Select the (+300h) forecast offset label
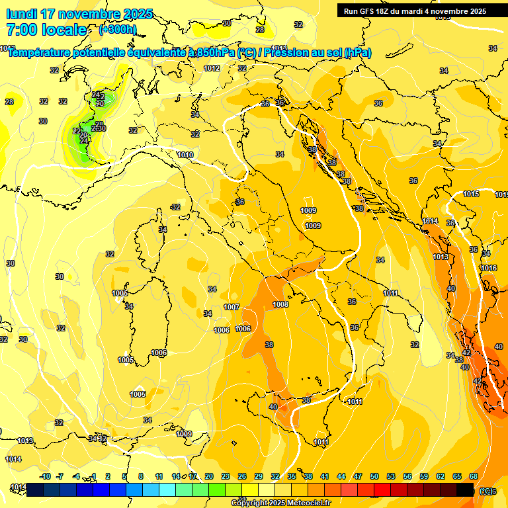pos(118,30)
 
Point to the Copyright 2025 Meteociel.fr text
pos(281,503)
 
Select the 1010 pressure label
pos(185,155)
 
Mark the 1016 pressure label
pos(489,268)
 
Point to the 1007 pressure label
pos(231,307)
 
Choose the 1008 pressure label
pos(280,304)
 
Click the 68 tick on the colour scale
pos(474,476)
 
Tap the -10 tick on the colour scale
pos(45,476)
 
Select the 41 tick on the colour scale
pos(325,476)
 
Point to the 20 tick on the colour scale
pos(209,476)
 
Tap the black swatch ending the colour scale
pos(465,489)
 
